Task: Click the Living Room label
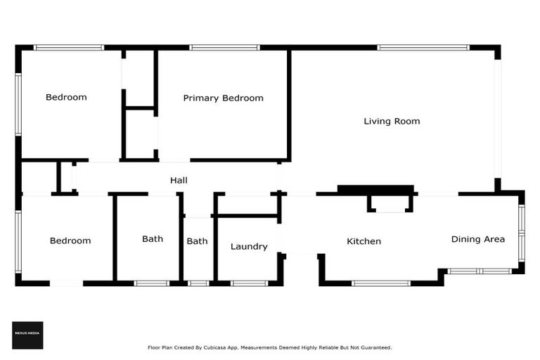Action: (392, 121)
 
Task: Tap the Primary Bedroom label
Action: (223, 98)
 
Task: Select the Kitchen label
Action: (364, 241)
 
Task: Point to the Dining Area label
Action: (477, 239)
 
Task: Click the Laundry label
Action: (249, 246)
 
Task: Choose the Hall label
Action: (179, 181)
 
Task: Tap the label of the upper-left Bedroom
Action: (66, 97)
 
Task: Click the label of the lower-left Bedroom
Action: (70, 240)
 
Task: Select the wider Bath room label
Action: (153, 239)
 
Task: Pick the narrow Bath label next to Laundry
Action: (197, 241)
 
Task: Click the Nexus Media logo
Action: (27, 335)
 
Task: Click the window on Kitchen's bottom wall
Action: (380, 283)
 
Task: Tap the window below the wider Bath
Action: (151, 283)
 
